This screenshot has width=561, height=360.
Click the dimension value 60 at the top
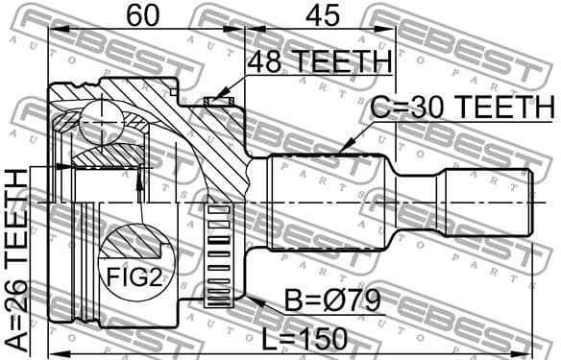pyautogui.click(x=139, y=16)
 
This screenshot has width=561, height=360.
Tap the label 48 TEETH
pyautogui.click(x=319, y=62)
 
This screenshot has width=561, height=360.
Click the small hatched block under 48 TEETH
pyautogui.click(x=219, y=99)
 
